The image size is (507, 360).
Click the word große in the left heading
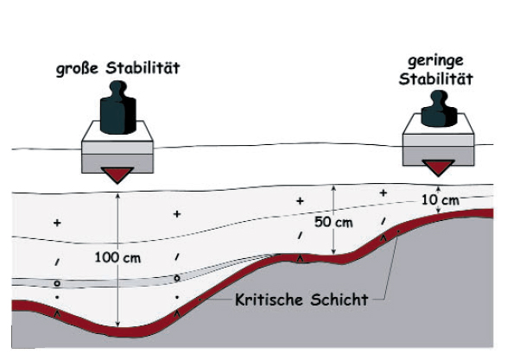[77, 69]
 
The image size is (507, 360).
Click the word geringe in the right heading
[435, 61]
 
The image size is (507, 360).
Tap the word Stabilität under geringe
[435, 79]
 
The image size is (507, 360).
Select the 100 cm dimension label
[117, 258]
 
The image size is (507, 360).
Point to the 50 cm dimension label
[333, 223]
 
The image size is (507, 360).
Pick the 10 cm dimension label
[440, 200]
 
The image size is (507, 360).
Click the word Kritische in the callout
[269, 300]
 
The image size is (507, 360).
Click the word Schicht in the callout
[339, 300]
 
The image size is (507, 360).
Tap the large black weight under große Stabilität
[117, 108]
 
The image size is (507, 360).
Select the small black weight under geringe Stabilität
[439, 109]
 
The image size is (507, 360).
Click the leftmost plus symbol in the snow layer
[57, 223]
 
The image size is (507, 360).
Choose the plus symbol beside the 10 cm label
[383, 193]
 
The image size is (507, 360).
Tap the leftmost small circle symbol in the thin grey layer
[57, 283]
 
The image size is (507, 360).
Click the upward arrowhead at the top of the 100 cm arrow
[117, 196]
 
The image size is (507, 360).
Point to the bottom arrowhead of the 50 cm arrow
[333, 252]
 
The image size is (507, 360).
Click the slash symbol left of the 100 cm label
[57, 262]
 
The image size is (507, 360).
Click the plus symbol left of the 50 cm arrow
[300, 201]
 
